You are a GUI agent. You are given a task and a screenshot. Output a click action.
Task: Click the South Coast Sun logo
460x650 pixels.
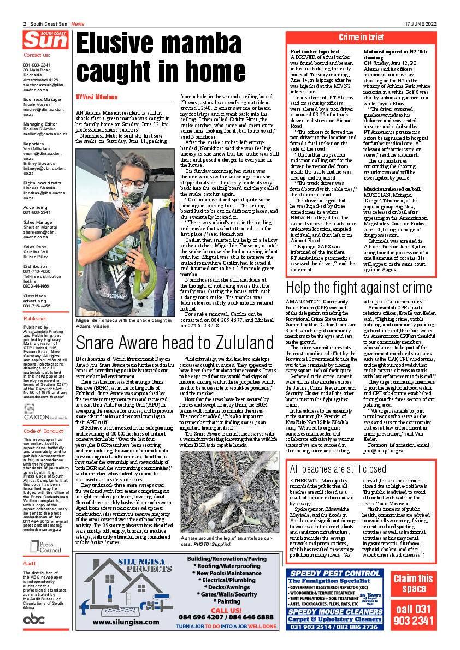[x=46, y=39]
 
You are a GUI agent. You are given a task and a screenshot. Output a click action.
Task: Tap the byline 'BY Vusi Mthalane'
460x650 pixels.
[x=97, y=97]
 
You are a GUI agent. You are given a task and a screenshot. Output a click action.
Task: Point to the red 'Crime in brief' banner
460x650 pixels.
[x=361, y=38]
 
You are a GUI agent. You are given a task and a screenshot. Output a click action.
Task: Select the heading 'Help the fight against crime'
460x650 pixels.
[x=358, y=288]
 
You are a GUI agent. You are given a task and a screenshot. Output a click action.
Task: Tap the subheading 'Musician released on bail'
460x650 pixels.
[x=392, y=188]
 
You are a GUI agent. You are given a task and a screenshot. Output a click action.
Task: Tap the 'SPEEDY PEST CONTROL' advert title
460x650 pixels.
[x=335, y=573]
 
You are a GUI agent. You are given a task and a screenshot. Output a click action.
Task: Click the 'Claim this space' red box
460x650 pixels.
[x=413, y=583]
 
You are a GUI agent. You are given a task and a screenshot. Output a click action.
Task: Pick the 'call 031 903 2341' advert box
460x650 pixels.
[x=413, y=616]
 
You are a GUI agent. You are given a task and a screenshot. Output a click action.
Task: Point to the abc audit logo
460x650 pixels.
[x=34, y=619]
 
